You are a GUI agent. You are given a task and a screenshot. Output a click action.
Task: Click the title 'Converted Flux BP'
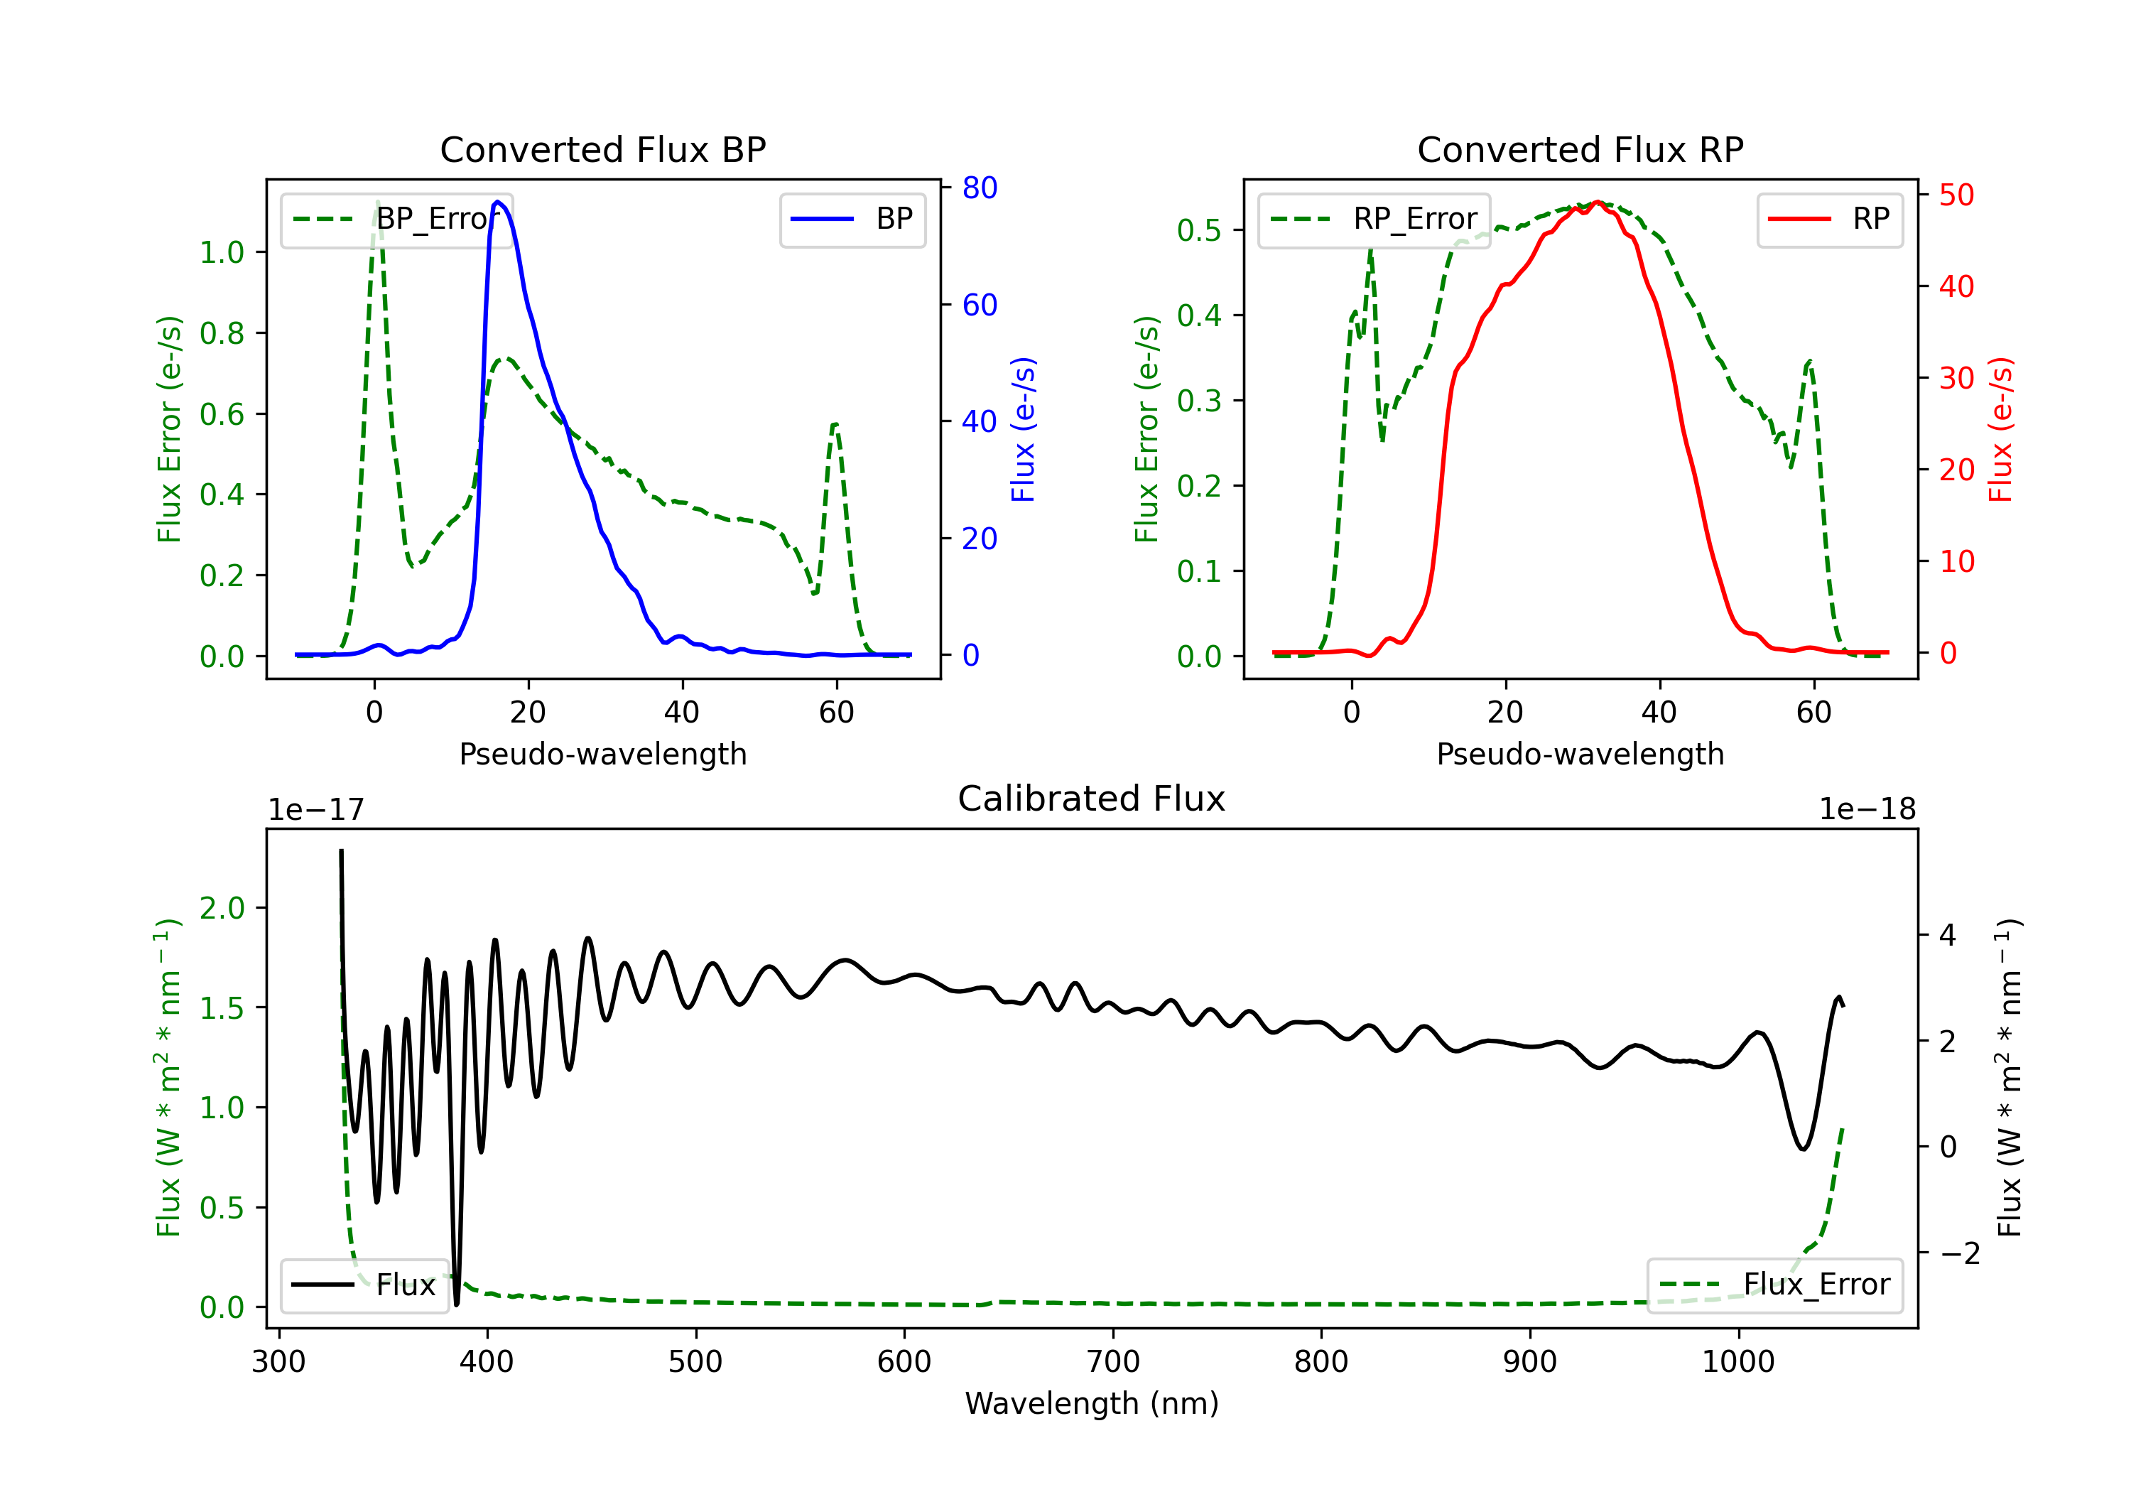(x=602, y=149)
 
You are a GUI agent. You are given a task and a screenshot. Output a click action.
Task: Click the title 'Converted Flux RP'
(x=1580, y=149)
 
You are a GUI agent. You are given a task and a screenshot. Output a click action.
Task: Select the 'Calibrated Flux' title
(x=1092, y=799)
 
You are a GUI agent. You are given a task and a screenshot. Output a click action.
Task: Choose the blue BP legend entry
(x=852, y=219)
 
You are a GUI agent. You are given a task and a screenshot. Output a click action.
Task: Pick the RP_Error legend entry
(x=1374, y=219)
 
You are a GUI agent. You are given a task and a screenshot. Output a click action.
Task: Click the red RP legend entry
(x=1829, y=219)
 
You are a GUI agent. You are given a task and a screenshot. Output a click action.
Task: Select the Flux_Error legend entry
(x=1774, y=1285)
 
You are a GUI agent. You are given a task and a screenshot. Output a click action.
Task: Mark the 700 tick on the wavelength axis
(x=1113, y=1362)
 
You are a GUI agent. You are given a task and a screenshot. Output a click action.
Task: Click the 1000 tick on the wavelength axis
(x=1738, y=1362)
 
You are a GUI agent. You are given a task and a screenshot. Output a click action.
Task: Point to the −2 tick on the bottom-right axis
(x=1959, y=1254)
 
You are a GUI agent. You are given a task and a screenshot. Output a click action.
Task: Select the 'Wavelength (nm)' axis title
(x=1092, y=1404)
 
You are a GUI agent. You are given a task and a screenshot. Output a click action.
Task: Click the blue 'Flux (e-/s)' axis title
(x=1023, y=430)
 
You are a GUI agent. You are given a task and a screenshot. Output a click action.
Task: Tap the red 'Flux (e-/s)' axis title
(x=2000, y=430)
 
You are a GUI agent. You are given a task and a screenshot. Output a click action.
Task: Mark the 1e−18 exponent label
(x=1867, y=810)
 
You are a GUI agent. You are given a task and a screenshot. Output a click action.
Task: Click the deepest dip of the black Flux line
(x=457, y=1304)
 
